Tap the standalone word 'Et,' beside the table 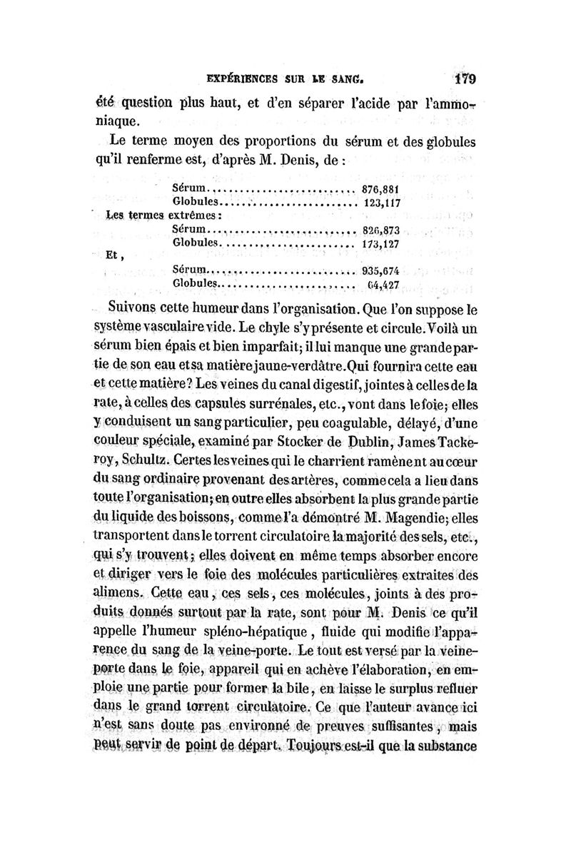click(x=113, y=257)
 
